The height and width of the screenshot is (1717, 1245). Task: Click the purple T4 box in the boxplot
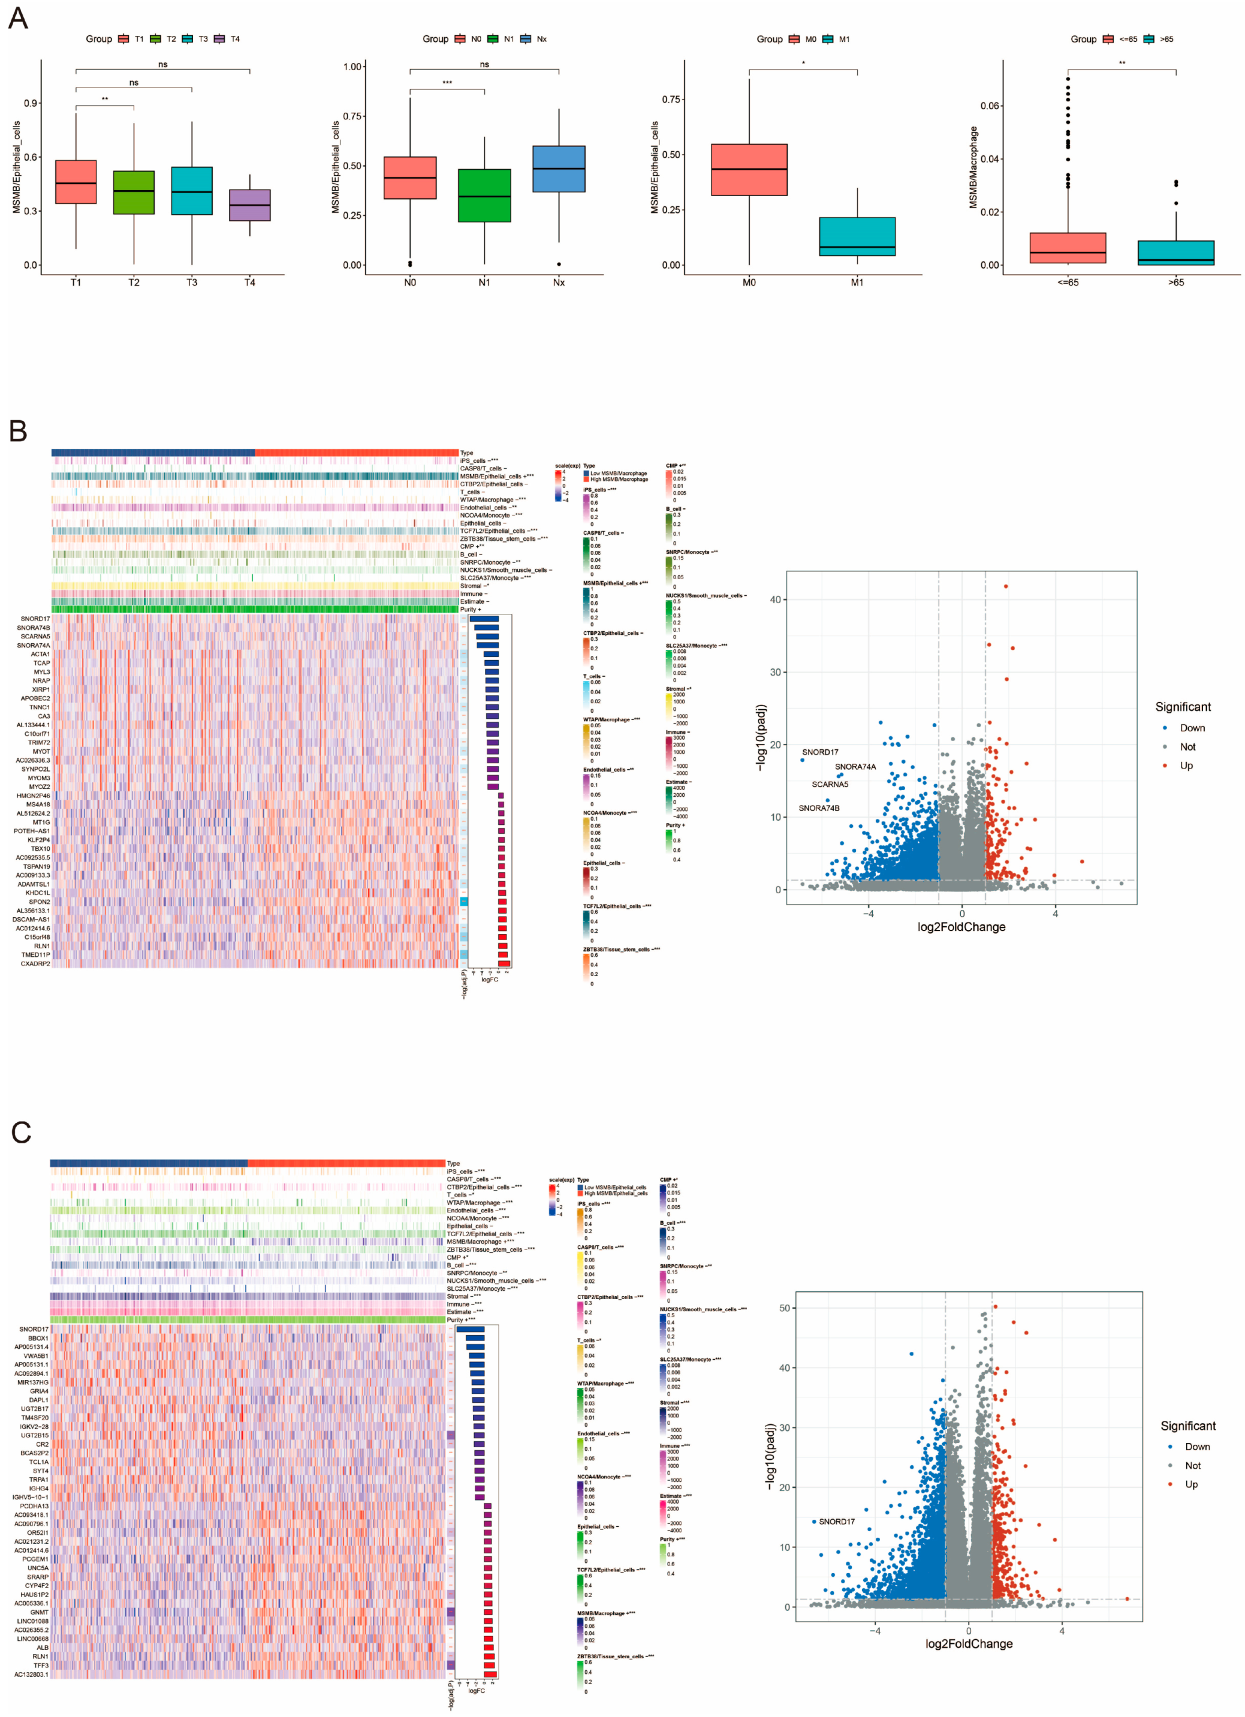pos(250,205)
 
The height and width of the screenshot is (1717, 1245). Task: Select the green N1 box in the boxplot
pos(484,195)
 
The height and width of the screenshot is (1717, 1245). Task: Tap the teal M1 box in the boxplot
pos(857,236)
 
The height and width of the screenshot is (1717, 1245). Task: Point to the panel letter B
pos(18,431)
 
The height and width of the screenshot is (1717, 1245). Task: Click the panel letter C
pos(20,1132)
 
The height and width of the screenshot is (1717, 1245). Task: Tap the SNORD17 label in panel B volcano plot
pos(819,752)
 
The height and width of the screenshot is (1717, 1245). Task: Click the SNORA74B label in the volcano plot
pos(819,808)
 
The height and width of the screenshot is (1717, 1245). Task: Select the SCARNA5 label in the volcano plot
pos(830,784)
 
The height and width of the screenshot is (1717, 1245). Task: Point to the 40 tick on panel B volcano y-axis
pos(775,600)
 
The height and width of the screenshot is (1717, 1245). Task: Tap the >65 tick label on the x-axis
pos(1175,282)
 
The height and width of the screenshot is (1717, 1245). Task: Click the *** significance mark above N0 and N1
pos(447,83)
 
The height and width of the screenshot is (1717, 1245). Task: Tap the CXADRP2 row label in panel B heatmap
pos(35,964)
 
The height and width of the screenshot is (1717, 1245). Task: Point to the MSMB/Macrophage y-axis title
pos(973,167)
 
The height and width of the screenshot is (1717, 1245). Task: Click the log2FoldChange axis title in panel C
pos(968,1644)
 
